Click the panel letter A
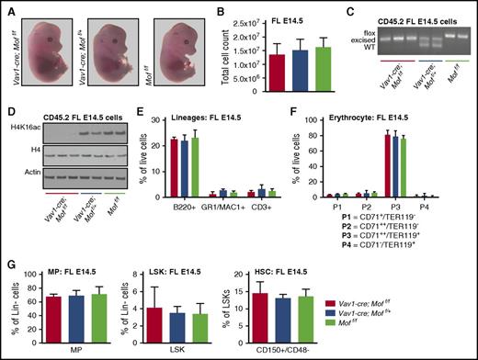point(8,8)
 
